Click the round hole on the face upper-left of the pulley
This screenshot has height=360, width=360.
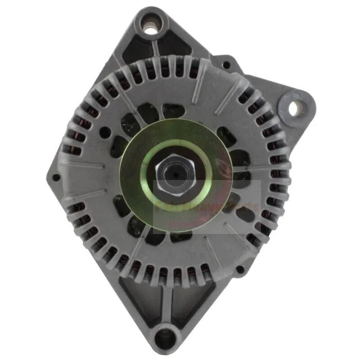coord(105,133)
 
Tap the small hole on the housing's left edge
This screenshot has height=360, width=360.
coord(56,177)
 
